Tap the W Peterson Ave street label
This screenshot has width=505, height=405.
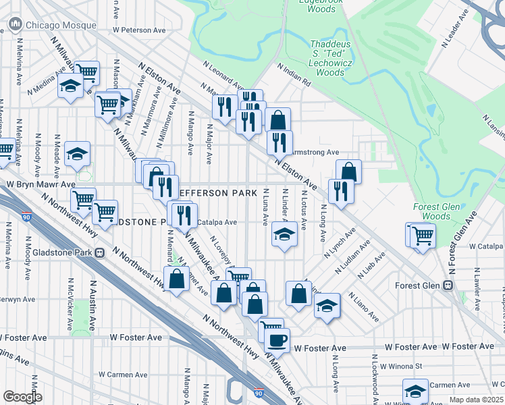[x=139, y=30]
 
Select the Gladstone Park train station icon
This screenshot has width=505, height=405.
[x=100, y=253]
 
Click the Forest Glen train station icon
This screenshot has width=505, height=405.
[x=447, y=286]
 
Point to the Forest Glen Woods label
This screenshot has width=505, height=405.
[x=436, y=211]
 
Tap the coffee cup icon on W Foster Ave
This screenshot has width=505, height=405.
[x=277, y=340]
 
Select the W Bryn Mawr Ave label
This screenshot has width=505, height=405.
[x=41, y=184]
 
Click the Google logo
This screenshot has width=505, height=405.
[x=22, y=396]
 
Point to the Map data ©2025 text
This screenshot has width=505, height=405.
[x=477, y=400]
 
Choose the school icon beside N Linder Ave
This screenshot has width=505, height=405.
[x=285, y=236]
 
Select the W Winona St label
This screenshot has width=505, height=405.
[x=400, y=367]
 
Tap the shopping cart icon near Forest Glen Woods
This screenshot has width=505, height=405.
[x=423, y=237]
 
